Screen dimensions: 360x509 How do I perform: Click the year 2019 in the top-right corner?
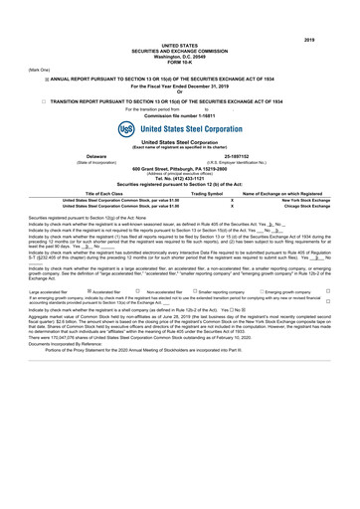click(x=335, y=11)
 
